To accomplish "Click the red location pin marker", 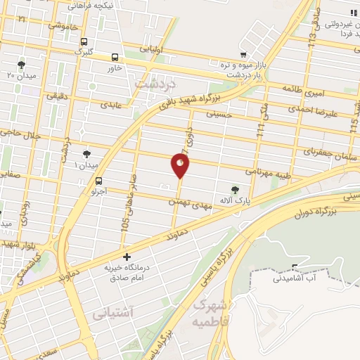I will tap(181, 165).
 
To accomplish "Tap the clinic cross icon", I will tap(126, 257).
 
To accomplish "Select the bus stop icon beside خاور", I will tap(115, 58).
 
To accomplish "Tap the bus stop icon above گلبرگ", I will tap(85, 41).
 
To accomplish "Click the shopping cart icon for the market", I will tap(243, 55).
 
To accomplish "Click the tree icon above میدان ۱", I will tap(86, 153).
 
